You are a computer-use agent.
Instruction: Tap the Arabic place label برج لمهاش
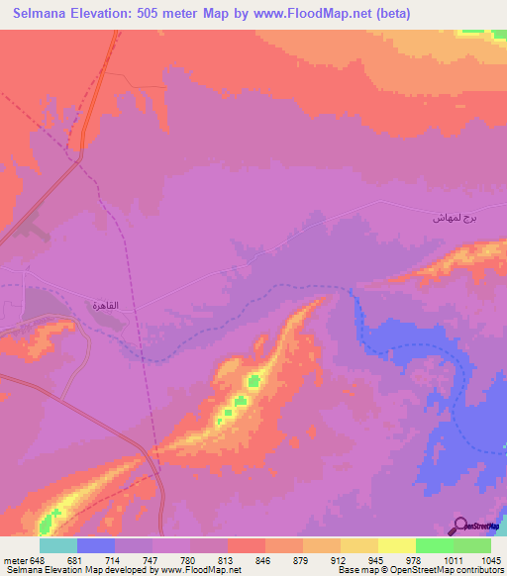click(x=449, y=217)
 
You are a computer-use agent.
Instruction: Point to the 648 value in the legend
click(x=38, y=560)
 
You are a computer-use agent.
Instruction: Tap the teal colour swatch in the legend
click(x=58, y=545)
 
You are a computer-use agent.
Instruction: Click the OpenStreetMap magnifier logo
click(x=459, y=527)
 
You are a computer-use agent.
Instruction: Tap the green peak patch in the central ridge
click(x=253, y=380)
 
